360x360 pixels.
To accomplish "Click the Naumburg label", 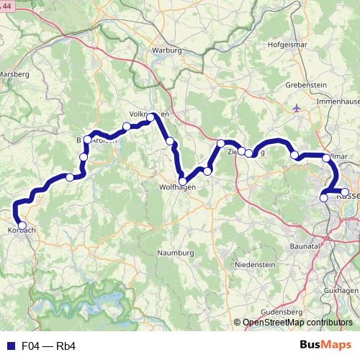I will [176, 253].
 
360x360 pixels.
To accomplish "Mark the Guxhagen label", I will [339, 289].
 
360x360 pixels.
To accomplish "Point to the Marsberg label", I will [14, 73].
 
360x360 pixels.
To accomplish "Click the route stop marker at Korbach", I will [22, 225].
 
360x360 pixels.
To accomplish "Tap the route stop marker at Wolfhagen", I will [184, 181].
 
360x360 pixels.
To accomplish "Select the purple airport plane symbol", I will [298, 108].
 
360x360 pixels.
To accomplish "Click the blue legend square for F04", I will [9, 346].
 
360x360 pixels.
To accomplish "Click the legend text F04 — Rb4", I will [49, 346].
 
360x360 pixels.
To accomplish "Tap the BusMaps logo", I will [327, 346].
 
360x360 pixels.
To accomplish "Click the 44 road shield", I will [7, 6].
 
